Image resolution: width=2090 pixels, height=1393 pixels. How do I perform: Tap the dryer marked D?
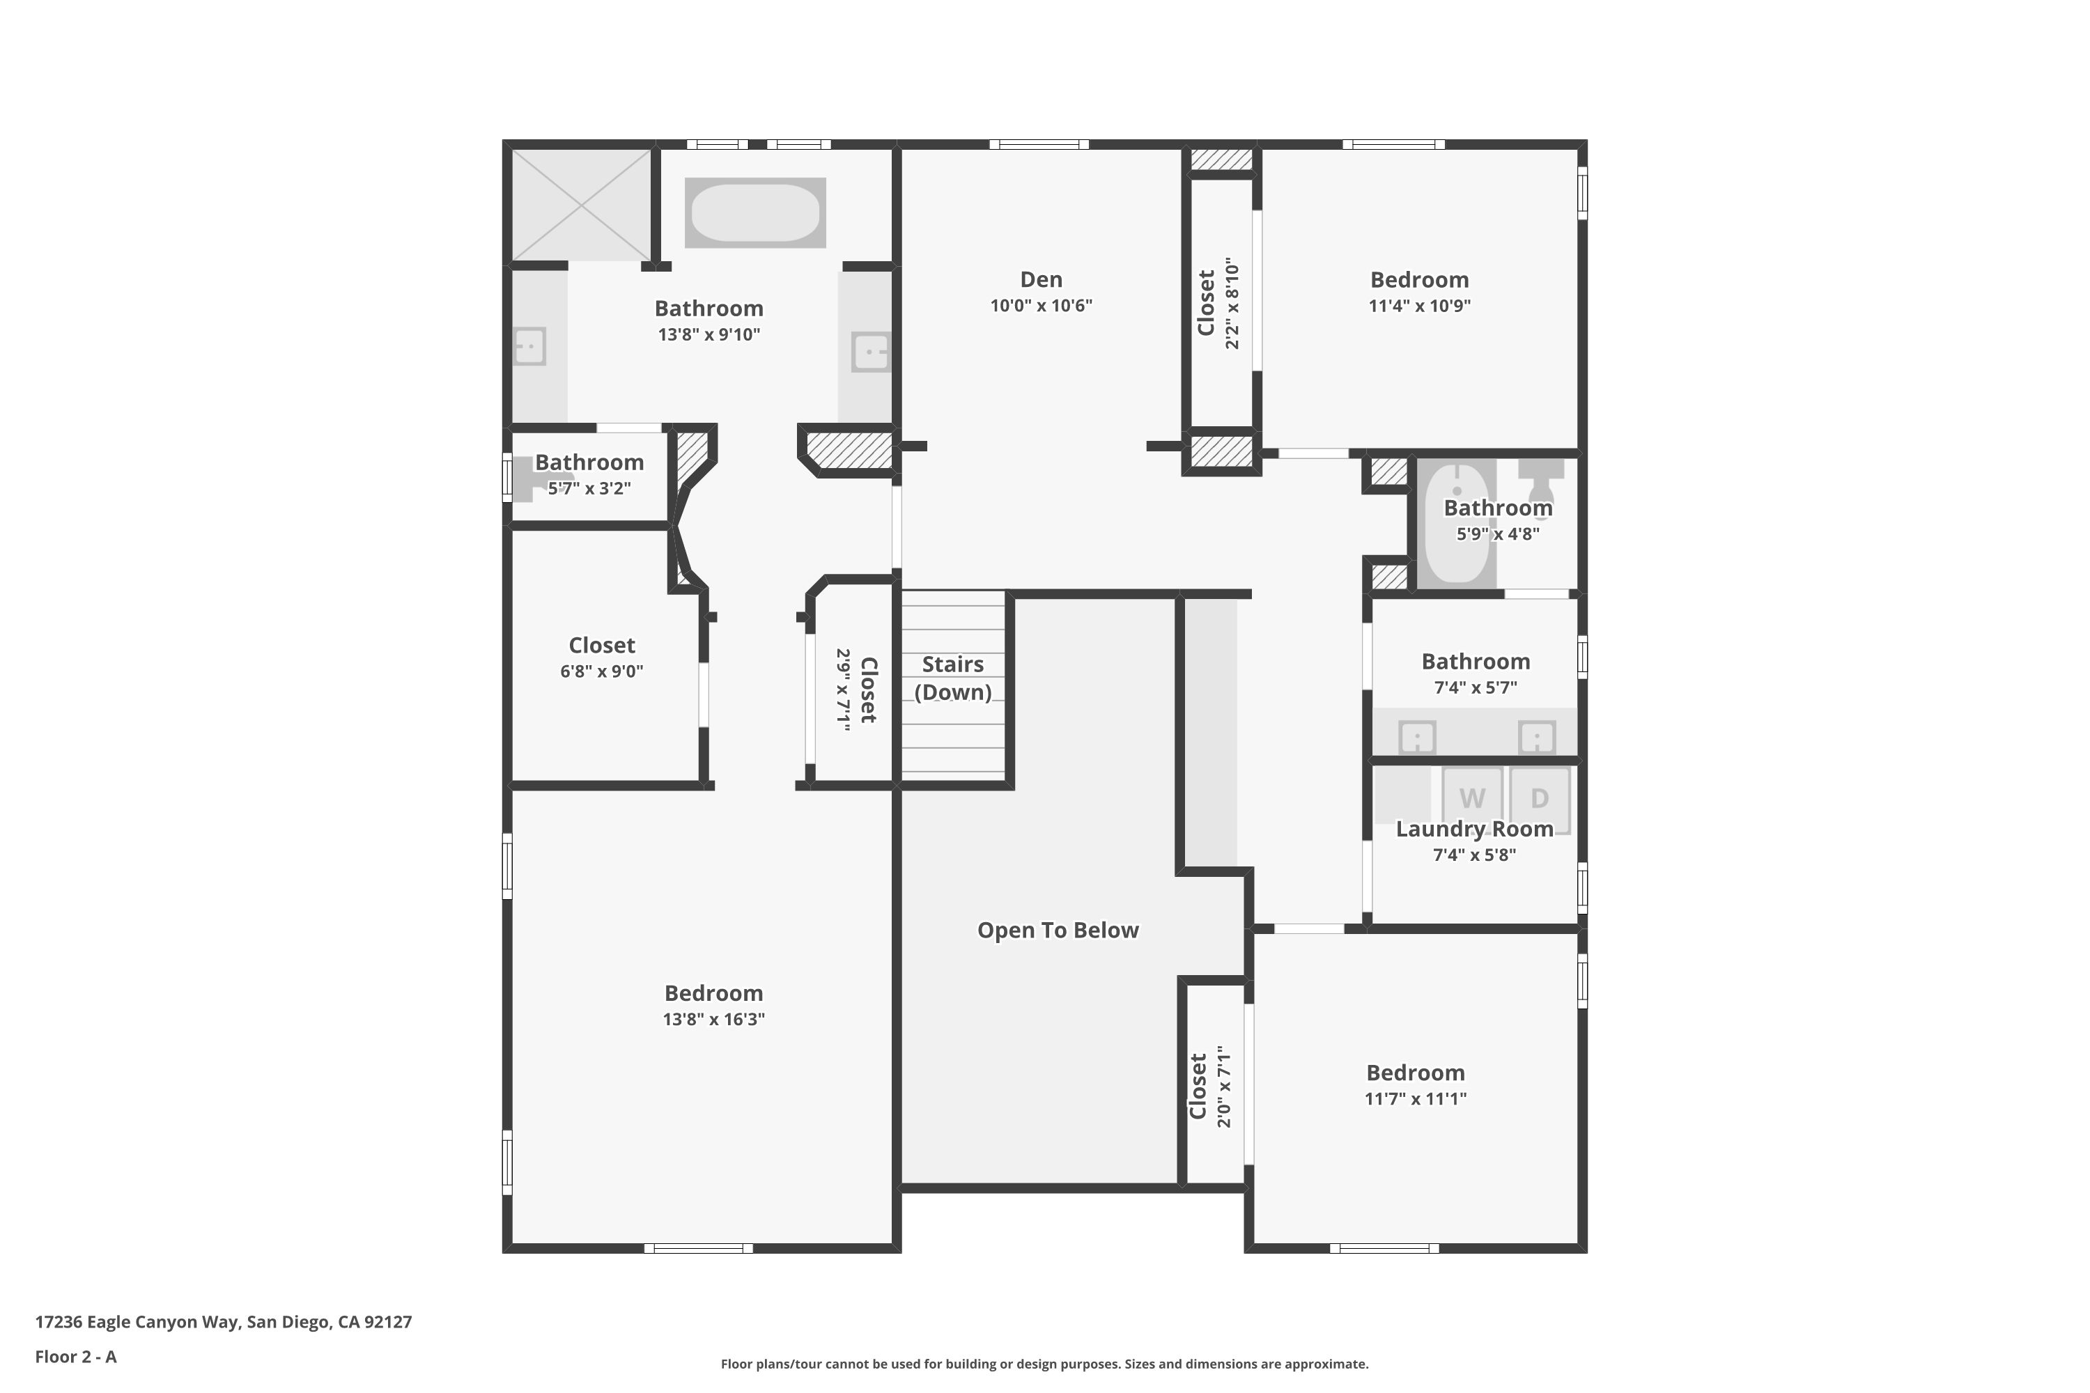pyautogui.click(x=1540, y=799)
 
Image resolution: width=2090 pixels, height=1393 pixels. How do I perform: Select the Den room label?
pyautogui.click(x=1041, y=280)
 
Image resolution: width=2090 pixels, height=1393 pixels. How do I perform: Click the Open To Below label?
pyautogui.click(x=1058, y=930)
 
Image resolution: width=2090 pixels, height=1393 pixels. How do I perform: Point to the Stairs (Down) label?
pyautogui.click(x=952, y=678)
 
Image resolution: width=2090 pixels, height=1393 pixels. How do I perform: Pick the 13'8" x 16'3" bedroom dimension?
pyautogui.click(x=713, y=1019)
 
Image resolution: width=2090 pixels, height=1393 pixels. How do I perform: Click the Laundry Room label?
pyautogui.click(x=1474, y=829)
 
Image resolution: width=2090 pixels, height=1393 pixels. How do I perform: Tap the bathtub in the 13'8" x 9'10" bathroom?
pyautogui.click(x=755, y=213)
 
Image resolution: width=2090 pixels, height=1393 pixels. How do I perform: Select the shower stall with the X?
pyautogui.click(x=581, y=205)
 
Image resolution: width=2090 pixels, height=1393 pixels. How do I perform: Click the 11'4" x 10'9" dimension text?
pyautogui.click(x=1419, y=306)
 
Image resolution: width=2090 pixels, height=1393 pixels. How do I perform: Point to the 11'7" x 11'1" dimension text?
pyautogui.click(x=1415, y=1099)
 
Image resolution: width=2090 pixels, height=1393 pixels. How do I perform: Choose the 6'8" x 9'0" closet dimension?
pyautogui.click(x=602, y=671)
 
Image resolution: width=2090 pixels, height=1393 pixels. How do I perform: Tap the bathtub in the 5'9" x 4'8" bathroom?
pyautogui.click(x=1457, y=522)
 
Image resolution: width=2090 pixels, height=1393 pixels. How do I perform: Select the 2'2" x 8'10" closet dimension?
pyautogui.click(x=1232, y=303)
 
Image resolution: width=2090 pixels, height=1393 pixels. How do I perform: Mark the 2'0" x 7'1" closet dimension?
pyautogui.click(x=1223, y=1087)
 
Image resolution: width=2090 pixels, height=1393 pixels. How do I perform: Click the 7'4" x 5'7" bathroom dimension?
pyautogui.click(x=1475, y=687)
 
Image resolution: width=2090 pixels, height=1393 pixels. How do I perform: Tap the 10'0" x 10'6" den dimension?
pyautogui.click(x=1041, y=306)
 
